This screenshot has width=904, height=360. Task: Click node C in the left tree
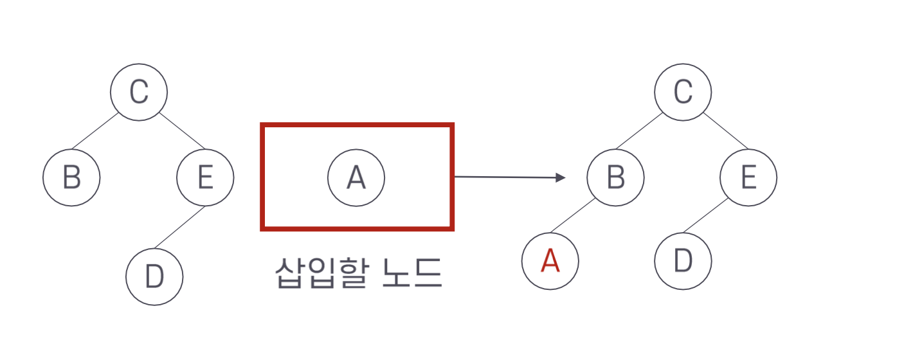tap(139, 91)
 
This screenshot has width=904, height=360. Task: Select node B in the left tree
tap(71, 177)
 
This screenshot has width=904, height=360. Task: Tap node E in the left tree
tap(205, 177)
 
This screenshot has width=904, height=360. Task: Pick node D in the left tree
tap(154, 276)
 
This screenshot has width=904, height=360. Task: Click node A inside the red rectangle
tap(356, 177)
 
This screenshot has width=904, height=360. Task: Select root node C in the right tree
tap(683, 91)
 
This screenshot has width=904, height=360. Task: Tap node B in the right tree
tap(615, 177)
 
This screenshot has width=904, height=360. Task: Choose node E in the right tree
tap(748, 177)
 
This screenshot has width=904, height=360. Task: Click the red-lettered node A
tap(550, 261)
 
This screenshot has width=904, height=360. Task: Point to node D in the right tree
tap(683, 261)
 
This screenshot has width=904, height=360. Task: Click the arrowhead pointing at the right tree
tap(560, 177)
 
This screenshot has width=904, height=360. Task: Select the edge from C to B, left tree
tap(95, 132)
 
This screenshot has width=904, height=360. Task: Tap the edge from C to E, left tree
tap(182, 130)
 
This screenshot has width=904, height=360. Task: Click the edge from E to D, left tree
tap(179, 227)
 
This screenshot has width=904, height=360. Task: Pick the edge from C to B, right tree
tap(639, 132)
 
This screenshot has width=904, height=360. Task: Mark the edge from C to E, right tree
tap(726, 130)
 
